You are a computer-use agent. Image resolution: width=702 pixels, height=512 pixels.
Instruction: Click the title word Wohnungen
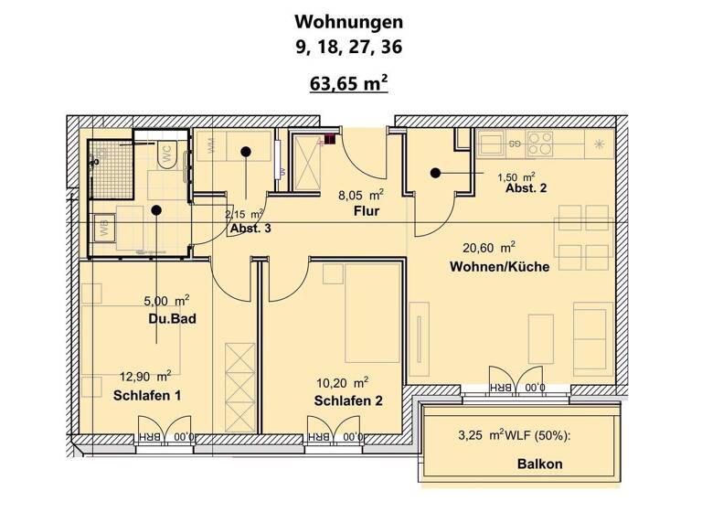pos(349,21)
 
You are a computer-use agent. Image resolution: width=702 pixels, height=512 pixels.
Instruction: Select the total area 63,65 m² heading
pos(350,85)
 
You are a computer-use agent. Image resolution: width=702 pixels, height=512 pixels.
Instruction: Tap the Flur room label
pos(367,212)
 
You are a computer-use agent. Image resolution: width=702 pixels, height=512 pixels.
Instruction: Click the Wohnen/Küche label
pos(499,267)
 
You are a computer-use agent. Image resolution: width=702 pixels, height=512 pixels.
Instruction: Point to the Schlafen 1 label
pos(147,395)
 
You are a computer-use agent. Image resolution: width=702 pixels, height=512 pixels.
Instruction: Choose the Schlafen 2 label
pos(347,400)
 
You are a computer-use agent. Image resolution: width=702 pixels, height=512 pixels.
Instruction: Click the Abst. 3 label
pos(250,229)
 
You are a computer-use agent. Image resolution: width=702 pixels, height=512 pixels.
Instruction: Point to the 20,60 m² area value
pos(489,246)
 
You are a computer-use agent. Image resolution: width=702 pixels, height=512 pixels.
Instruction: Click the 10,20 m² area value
pos(341,381)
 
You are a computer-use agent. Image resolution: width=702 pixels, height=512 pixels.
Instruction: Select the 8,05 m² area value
pos(360,194)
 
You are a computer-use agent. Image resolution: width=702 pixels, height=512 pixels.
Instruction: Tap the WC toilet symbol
pos(168,155)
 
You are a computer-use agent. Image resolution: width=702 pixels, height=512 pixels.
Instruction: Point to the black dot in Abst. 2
pos(436,172)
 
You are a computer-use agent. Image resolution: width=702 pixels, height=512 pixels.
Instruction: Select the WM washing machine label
pos(212,146)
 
